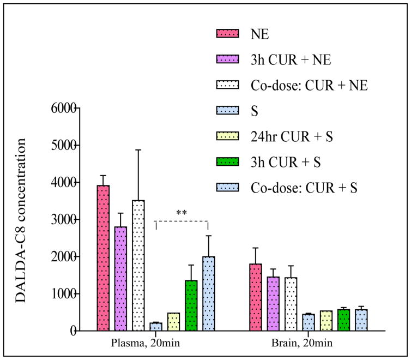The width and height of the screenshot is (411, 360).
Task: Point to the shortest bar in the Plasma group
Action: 156,327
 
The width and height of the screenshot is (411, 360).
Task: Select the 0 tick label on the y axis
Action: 72,331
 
